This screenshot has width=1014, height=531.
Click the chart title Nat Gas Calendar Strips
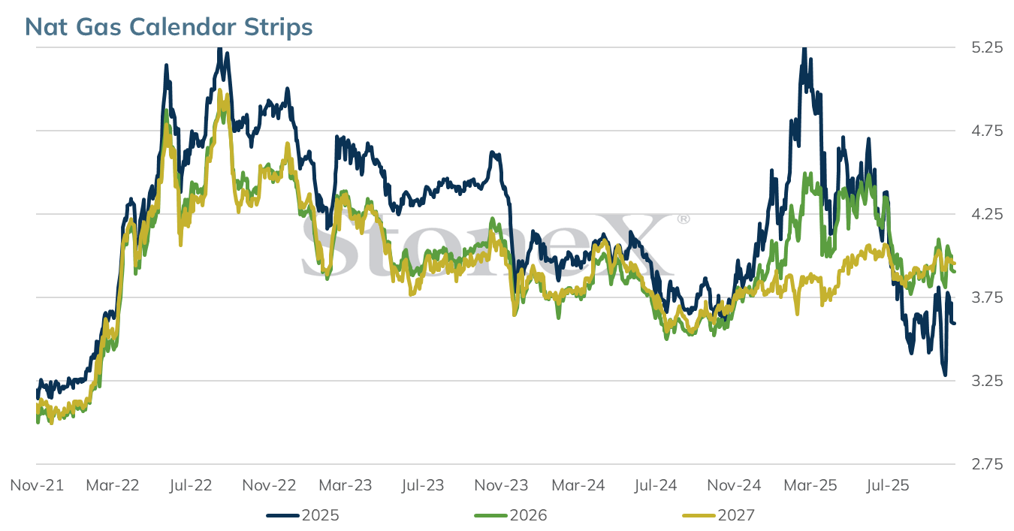pyautogui.click(x=168, y=27)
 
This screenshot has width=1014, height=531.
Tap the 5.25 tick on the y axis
pyautogui.click(x=987, y=47)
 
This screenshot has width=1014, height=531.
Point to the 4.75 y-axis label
pyautogui.click(x=987, y=131)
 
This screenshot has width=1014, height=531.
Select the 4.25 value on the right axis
pyautogui.click(x=987, y=214)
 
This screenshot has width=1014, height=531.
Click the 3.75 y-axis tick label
pyautogui.click(x=987, y=297)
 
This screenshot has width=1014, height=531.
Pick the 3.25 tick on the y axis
pyautogui.click(x=987, y=381)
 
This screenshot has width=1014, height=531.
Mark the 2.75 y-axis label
pyautogui.click(x=987, y=464)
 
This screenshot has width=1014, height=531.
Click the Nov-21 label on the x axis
pyautogui.click(x=37, y=485)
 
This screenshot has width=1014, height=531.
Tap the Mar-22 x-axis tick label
pyautogui.click(x=113, y=485)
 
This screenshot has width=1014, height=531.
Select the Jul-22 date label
pyautogui.click(x=191, y=485)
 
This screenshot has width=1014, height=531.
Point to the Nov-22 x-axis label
pyautogui.click(x=269, y=485)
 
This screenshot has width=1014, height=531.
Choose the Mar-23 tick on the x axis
pyautogui.click(x=346, y=485)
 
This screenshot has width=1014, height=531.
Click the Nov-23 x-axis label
pyautogui.click(x=501, y=485)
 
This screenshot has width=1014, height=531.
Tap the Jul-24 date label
pyautogui.click(x=656, y=485)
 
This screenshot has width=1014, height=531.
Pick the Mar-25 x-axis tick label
pyautogui.click(x=810, y=485)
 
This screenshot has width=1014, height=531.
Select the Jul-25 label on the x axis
pyautogui.click(x=888, y=485)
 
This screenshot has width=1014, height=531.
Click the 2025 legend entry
pyautogui.click(x=303, y=515)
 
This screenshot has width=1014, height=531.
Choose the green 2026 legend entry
pyautogui.click(x=511, y=515)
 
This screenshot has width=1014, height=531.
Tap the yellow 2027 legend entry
pyautogui.click(x=718, y=515)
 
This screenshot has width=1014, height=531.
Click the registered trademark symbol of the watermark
pyautogui.click(x=683, y=219)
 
